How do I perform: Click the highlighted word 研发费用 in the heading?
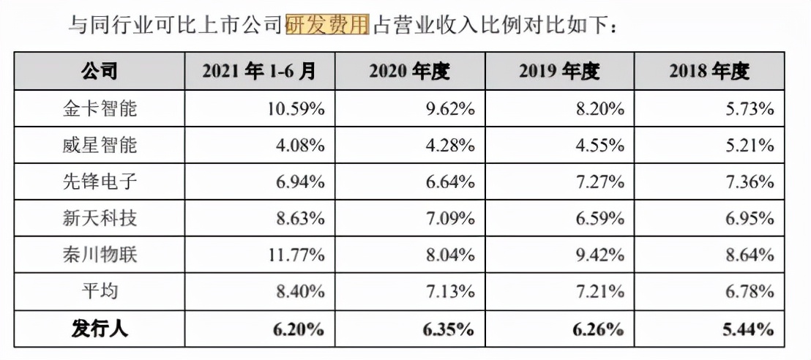tap(326, 25)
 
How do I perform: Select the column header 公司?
tap(100, 72)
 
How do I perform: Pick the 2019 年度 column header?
tap(559, 72)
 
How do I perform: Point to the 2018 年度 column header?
tap(709, 72)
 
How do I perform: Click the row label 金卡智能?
tap(100, 109)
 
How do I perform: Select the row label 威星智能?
tap(100, 146)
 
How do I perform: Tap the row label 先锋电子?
tap(100, 182)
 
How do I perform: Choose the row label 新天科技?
tap(100, 219)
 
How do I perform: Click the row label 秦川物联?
tap(100, 255)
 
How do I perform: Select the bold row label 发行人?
tap(100, 329)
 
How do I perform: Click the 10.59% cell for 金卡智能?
tap(295, 109)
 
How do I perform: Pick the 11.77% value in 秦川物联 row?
tap(295, 255)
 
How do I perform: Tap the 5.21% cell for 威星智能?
tap(748, 146)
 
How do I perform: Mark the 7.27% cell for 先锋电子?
tap(599, 182)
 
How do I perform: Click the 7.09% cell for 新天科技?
tap(449, 219)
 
